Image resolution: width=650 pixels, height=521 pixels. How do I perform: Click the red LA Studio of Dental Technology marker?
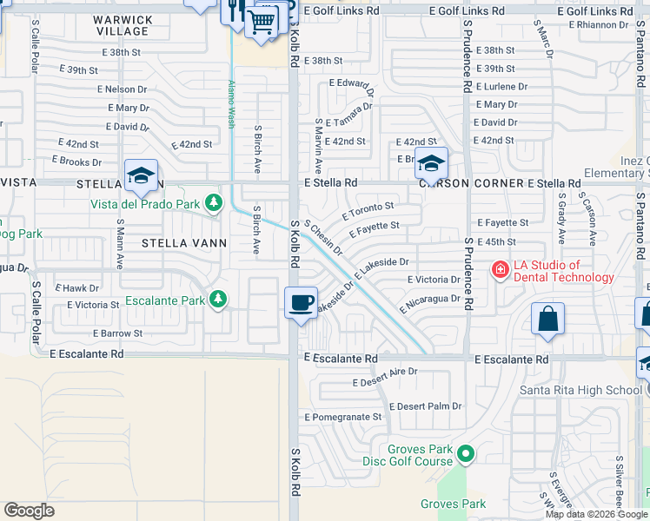500,271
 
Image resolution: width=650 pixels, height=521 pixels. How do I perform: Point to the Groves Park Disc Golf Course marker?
467,453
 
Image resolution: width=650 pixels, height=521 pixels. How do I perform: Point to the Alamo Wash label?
231,104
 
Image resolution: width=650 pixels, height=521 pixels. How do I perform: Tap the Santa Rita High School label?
580,390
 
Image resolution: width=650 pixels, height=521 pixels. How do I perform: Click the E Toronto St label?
368,210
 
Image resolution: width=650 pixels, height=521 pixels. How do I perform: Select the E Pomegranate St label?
343,417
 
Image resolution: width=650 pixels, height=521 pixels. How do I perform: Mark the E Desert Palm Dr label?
425,406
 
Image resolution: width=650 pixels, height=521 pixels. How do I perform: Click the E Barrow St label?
117,333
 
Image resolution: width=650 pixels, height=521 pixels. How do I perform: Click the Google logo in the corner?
30,511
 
